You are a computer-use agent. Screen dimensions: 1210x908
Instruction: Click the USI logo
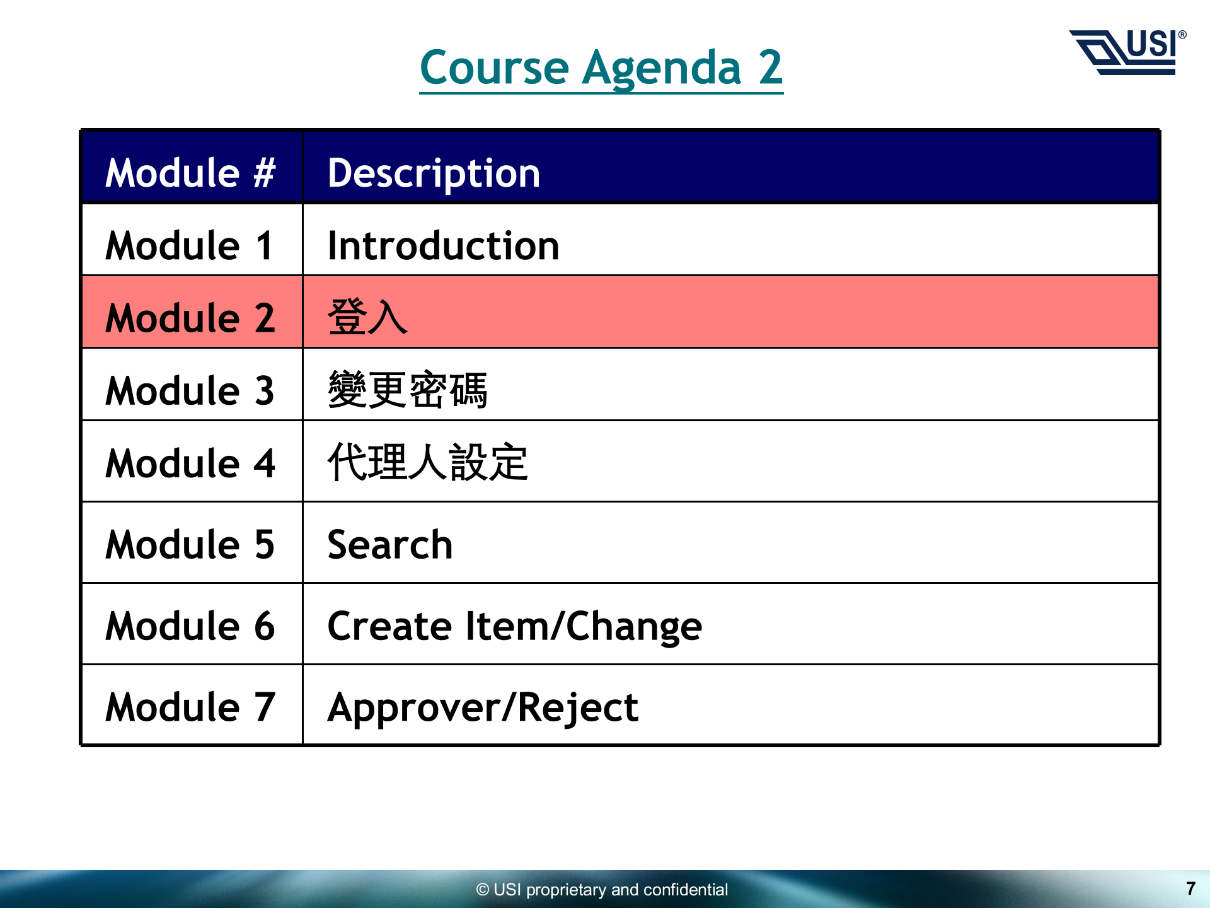pos(1128,52)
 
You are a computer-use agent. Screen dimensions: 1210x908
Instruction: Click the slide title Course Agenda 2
pos(601,68)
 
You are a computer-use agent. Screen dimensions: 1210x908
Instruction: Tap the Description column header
pos(434,173)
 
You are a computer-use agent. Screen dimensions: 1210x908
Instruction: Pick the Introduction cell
pos(444,245)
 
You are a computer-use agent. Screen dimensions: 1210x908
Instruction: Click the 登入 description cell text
pos(367,317)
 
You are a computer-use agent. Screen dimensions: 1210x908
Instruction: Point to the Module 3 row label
pos(190,390)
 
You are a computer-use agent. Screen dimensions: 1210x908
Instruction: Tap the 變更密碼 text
pos(408,389)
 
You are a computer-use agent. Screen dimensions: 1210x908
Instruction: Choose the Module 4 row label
pos(190,463)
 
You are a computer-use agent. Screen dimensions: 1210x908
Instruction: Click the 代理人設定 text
pos(428,462)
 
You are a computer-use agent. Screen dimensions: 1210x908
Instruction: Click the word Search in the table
pos(390,544)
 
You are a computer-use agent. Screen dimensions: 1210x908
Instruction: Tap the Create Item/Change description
pos(515,627)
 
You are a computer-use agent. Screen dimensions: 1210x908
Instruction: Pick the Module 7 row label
pos(190,706)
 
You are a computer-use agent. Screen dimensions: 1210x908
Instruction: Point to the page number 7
pos(1190,888)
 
